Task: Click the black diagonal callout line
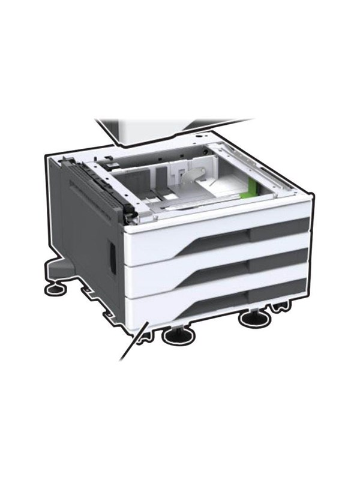pos(133,342)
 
